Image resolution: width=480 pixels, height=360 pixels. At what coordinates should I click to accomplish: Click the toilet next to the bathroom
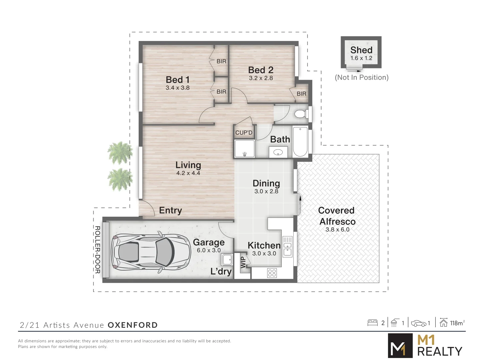click(301, 114)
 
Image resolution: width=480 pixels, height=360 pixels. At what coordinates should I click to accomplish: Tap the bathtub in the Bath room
click(300, 142)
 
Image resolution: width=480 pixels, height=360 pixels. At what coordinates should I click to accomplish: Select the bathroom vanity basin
click(278, 153)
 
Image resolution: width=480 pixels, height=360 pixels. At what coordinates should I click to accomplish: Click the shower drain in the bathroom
click(245, 154)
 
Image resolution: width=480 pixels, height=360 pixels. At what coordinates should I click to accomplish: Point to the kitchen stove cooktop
click(272, 273)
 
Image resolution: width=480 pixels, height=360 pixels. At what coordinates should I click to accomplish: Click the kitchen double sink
click(287, 246)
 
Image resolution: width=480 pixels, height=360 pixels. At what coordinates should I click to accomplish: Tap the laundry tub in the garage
click(227, 259)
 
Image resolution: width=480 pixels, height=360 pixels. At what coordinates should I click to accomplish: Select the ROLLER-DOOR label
click(97, 250)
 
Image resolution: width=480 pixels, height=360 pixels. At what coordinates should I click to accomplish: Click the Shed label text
click(361, 50)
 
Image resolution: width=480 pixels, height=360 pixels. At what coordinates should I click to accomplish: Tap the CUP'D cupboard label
click(244, 133)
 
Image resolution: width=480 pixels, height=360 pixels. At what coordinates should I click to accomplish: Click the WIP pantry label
click(243, 262)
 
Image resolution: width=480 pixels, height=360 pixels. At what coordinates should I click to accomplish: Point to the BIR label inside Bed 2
click(301, 94)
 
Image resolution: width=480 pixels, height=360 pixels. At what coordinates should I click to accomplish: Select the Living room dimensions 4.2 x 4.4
click(188, 173)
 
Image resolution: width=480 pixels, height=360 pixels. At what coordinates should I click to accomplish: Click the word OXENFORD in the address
click(133, 325)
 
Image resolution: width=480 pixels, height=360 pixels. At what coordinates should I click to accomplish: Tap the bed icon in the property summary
click(372, 323)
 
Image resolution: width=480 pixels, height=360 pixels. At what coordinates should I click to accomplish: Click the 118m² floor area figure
click(457, 323)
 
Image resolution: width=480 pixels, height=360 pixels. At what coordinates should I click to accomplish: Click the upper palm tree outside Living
click(120, 153)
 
